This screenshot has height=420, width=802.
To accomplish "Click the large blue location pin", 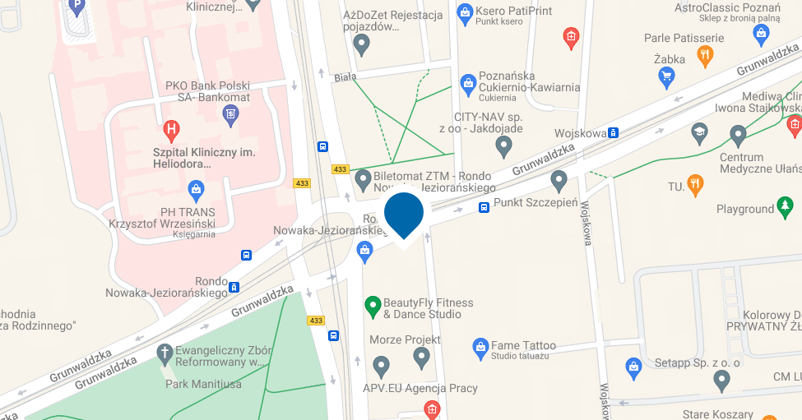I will pos(404,213).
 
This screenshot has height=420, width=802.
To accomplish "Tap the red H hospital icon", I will pos(171,128).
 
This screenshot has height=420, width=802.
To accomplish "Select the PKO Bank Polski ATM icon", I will pos(230,111).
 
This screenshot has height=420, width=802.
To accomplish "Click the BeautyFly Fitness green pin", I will pos(373,307).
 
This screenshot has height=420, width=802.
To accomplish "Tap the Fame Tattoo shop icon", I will pos(480,348).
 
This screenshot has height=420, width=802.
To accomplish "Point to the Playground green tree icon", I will pos(786,205).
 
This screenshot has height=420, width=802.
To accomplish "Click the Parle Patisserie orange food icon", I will pos(704,55).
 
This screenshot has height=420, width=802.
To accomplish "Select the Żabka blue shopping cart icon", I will pos(667,77).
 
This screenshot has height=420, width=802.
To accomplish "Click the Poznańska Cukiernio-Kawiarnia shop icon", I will pos(467,83).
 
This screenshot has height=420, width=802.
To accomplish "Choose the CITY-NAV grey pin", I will pos(504,146).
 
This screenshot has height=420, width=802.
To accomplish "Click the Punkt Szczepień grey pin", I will pos(559,180).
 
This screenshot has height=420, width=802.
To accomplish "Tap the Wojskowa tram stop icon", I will pos(613,133).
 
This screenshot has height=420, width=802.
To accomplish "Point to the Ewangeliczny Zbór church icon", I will pos(165,353).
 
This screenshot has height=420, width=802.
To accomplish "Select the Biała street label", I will pos(345,77).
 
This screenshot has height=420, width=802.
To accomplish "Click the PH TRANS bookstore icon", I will pos(196,192).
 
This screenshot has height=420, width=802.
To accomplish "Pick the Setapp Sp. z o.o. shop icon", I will pos(633,366).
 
